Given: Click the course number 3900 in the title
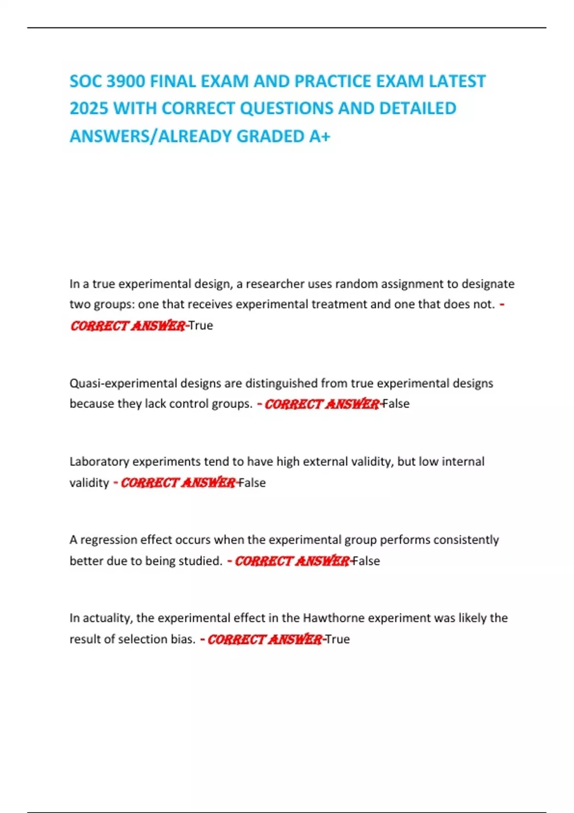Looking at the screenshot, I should pos(125,81).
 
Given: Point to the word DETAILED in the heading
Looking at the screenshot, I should pos(418,109).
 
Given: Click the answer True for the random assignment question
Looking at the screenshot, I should pos(201,326).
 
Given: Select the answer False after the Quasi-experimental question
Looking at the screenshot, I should pos(396,404).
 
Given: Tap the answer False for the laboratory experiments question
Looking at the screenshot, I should pos(252,483).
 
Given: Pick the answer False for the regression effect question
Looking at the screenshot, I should pos(366,561).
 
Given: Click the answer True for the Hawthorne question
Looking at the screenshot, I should pos(338,639).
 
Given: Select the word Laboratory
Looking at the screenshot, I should pos(99,461).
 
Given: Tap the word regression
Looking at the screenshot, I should pos(109,540).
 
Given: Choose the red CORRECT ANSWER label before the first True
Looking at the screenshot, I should pos(127,326).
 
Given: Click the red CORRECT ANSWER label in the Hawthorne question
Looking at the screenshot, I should pos(264,639).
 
